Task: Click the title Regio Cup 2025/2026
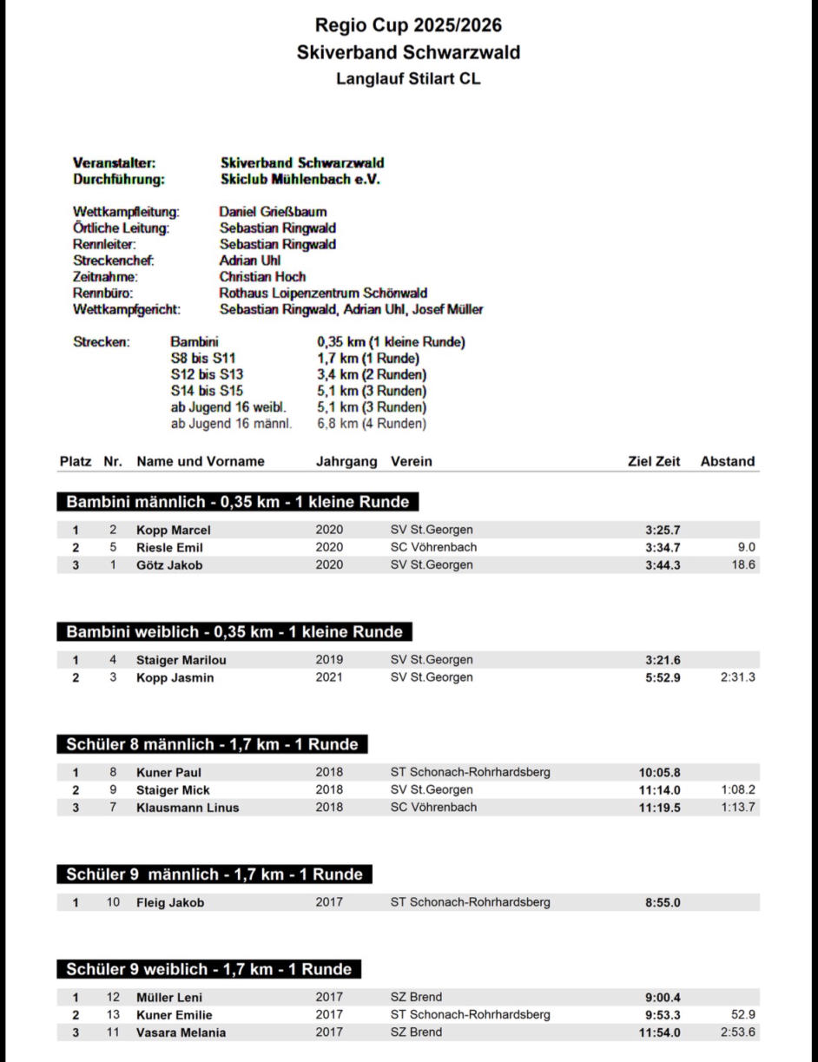[408, 25]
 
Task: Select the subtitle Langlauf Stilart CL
[408, 79]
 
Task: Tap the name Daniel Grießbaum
[273, 211]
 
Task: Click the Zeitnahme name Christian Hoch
[262, 277]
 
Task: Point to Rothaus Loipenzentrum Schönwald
[323, 294]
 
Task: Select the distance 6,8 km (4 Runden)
[372, 424]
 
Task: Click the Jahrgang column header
[346, 461]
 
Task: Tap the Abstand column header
[727, 461]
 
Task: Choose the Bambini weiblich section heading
[234, 631]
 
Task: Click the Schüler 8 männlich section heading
[212, 744]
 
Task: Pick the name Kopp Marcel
[174, 530]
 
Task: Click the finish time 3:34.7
[663, 547]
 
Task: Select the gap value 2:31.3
[737, 677]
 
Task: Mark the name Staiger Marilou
[181, 660]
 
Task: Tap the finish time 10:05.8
[659, 772]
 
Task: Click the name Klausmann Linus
[188, 807]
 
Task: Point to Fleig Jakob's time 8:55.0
[663, 902]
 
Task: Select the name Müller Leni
[169, 997]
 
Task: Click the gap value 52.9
[743, 1014]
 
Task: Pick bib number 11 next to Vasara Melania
[113, 1032]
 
